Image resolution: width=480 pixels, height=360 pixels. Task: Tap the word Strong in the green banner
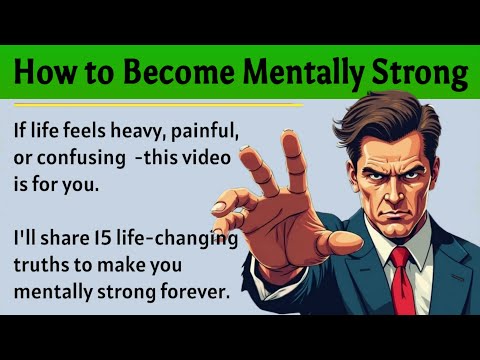pos(423,73)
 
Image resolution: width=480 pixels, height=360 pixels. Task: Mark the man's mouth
pos(398,212)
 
